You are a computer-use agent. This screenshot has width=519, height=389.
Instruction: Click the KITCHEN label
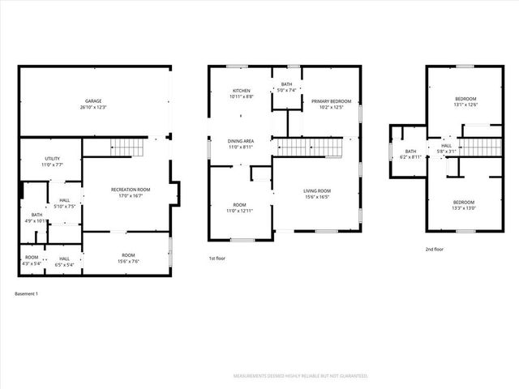tap(242, 91)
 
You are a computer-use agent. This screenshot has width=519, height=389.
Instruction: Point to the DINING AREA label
tap(242, 143)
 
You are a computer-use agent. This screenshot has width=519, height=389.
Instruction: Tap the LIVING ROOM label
tap(317, 190)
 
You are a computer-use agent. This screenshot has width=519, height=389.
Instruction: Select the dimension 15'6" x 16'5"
tap(317, 196)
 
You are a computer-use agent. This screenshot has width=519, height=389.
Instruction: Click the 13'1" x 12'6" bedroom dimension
tap(465, 104)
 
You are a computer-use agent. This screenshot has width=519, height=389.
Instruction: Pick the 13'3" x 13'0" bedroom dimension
tap(465, 207)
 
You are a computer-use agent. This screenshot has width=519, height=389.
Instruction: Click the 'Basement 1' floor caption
tap(27, 293)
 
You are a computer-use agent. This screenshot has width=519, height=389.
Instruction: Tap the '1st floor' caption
tap(217, 258)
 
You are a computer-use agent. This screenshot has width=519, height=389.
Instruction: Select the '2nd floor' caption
tap(435, 250)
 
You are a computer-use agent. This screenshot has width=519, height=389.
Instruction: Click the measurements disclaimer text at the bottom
tap(299, 376)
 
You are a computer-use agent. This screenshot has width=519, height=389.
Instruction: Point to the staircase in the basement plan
tap(126, 147)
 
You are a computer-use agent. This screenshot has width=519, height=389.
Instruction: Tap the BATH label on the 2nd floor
tap(410, 151)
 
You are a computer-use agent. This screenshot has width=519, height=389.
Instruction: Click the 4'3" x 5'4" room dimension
tap(32, 264)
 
